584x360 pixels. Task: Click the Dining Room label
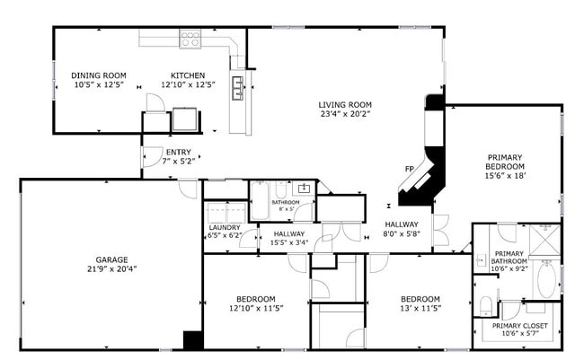pos(99,75)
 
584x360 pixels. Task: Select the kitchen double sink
pos(240,86)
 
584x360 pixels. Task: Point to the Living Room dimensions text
pos(345,114)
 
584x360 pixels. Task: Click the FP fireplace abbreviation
pos(410,169)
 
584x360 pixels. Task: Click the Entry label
pos(178,152)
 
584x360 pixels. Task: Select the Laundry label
pos(224,228)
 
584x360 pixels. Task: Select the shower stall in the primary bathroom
pos(544,240)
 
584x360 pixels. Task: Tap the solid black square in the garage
pos(192,341)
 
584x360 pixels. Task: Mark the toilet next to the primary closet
pos(485,303)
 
